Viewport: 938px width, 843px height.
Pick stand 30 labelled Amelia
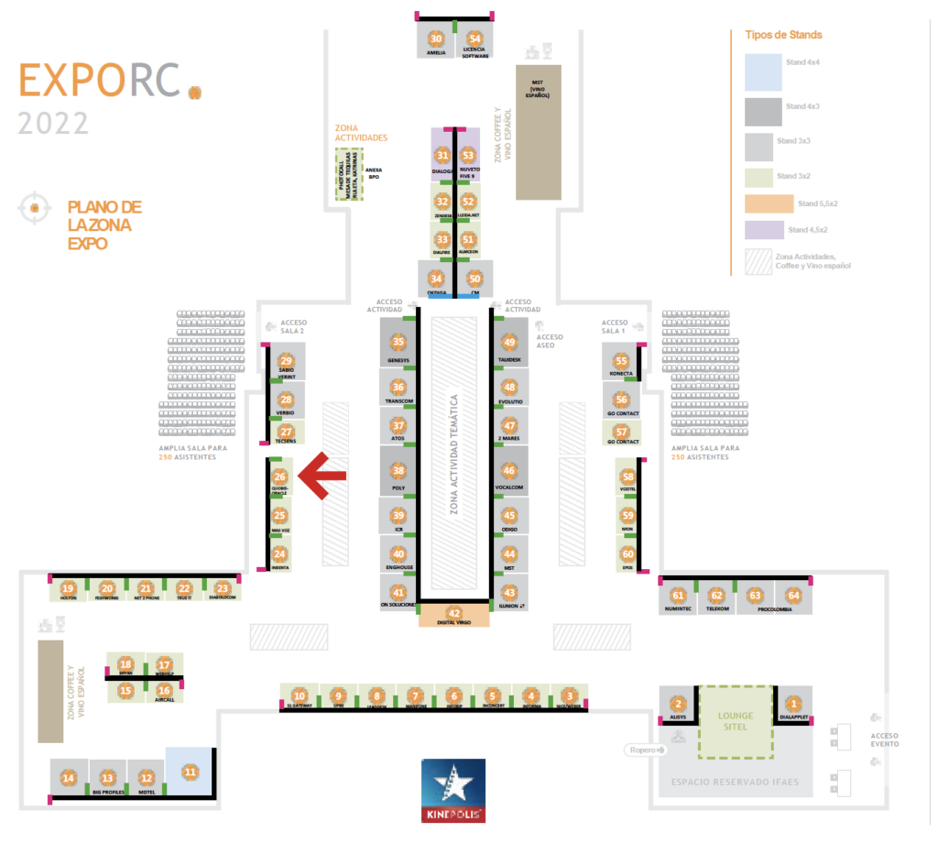(x=436, y=38)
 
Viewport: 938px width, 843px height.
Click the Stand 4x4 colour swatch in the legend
(x=763, y=72)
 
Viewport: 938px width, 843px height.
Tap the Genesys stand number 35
(x=398, y=342)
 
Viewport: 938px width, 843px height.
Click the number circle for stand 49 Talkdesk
(x=510, y=342)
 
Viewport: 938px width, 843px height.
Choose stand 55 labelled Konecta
(x=622, y=361)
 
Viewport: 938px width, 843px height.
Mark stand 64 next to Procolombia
(x=793, y=596)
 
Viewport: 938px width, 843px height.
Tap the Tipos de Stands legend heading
(x=789, y=35)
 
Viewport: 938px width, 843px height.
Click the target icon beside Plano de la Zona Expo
(x=34, y=209)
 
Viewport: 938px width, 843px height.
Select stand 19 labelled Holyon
(x=68, y=588)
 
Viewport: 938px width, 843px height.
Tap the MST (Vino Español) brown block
(x=538, y=131)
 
